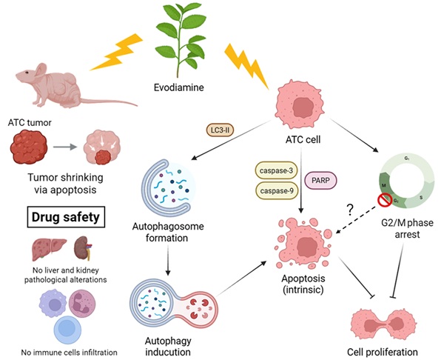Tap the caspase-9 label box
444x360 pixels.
(x=277, y=191)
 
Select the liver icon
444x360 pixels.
(x=50, y=250)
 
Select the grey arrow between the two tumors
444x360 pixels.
(x=70, y=144)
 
